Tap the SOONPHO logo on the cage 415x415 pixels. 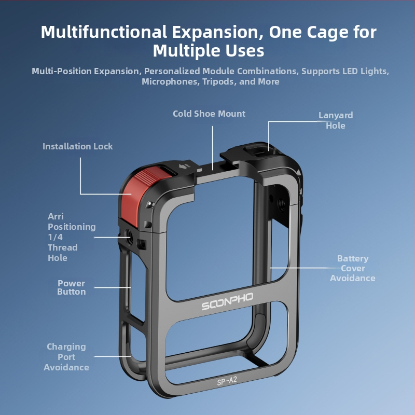pos(227,301)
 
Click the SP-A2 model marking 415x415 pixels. pos(227,381)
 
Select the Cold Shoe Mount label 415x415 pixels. pos(209,114)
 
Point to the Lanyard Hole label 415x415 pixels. pos(336,120)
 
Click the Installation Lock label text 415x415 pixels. pos(77,146)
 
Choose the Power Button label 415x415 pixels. pos(72,287)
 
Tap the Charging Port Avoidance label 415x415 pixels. pos(66,357)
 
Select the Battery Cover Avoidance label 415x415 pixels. pos(353,268)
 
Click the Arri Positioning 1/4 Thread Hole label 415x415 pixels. pos(72,237)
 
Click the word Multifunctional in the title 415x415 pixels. pos(104,32)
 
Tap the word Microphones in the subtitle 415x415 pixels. pos(170,81)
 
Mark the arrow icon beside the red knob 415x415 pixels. pos(184,167)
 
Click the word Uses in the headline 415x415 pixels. pos(244,50)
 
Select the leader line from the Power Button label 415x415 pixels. pos(112,287)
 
